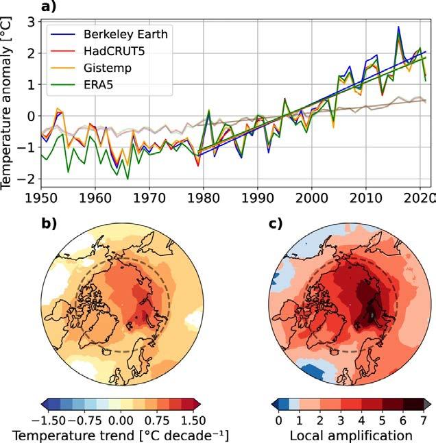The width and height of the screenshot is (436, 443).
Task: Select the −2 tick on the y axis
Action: pos(25,179)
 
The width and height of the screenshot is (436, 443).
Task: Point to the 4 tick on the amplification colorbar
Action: pos(354,419)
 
